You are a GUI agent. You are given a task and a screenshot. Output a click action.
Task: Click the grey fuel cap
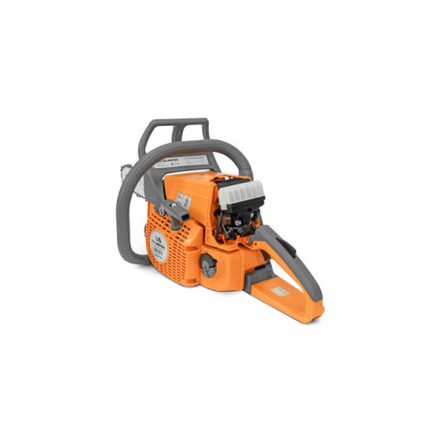pyautogui.click(x=208, y=264)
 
